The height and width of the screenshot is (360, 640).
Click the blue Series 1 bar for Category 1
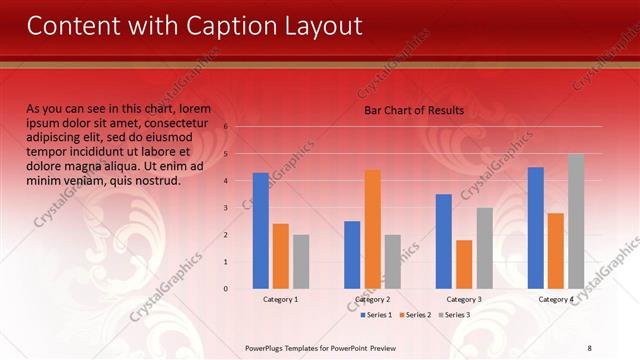click(x=261, y=230)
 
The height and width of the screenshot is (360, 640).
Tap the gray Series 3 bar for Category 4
click(x=576, y=221)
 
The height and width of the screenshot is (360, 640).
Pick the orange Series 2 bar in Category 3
click(x=464, y=264)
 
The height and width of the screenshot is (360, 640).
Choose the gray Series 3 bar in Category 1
click(x=301, y=261)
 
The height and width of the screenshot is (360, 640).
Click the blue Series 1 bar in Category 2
click(x=352, y=255)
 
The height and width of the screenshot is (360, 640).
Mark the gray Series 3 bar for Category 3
click(x=484, y=248)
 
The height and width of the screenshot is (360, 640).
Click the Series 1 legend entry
click(x=376, y=315)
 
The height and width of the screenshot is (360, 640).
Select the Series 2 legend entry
click(x=415, y=315)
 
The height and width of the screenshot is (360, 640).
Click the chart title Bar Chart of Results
click(x=413, y=110)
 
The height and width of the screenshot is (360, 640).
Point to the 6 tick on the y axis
click(x=226, y=127)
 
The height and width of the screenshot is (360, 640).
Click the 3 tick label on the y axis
click(x=226, y=208)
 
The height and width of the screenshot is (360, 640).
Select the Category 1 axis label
click(x=280, y=299)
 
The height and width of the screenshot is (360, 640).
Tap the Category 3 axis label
click(x=463, y=299)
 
